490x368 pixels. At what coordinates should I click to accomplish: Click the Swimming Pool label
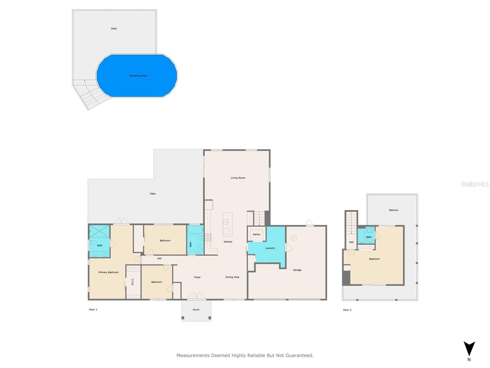138,76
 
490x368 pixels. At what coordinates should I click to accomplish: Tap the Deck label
114,29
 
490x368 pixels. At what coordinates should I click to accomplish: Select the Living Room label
238,178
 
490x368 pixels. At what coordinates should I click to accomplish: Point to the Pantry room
257,235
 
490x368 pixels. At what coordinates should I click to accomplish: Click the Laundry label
270,248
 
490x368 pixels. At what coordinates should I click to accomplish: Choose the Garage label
297,270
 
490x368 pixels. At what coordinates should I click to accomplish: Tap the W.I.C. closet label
133,282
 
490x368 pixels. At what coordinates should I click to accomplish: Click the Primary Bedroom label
108,272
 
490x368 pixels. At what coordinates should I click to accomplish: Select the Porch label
196,310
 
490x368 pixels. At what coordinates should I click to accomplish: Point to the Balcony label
394,210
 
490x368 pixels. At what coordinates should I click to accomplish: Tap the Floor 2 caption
347,310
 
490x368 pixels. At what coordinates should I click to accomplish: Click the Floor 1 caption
93,310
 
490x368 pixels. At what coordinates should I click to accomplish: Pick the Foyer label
197,277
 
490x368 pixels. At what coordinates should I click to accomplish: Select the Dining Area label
232,277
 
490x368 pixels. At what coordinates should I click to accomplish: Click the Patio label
153,194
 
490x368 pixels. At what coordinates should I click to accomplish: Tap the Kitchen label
228,242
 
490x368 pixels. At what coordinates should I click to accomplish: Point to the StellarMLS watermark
475,184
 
